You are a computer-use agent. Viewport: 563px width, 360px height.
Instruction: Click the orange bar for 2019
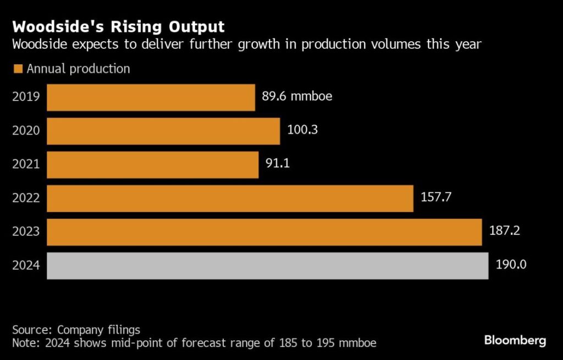(x=151, y=97)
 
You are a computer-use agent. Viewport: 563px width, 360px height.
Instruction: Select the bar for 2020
(x=163, y=131)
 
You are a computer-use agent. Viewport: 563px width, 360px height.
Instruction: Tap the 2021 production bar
(x=152, y=165)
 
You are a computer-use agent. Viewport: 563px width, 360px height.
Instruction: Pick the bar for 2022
(x=230, y=198)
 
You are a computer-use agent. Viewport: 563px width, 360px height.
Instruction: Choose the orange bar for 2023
(x=264, y=232)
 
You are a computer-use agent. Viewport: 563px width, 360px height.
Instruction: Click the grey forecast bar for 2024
(x=267, y=265)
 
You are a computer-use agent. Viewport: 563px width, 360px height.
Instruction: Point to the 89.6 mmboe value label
(x=297, y=97)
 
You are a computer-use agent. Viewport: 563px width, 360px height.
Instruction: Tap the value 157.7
(x=435, y=198)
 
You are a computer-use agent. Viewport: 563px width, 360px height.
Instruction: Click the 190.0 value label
(x=511, y=265)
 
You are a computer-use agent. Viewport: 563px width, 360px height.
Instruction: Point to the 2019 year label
(x=26, y=97)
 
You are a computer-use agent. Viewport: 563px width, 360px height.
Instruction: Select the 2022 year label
(x=26, y=198)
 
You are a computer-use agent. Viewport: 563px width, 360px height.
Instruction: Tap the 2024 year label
(x=26, y=265)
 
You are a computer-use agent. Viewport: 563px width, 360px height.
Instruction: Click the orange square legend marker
(x=18, y=69)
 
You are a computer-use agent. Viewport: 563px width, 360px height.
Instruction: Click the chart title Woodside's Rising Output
(x=118, y=26)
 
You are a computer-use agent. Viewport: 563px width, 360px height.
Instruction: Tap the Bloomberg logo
(x=515, y=341)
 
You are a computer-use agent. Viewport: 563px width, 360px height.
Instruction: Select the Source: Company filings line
(x=76, y=330)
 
